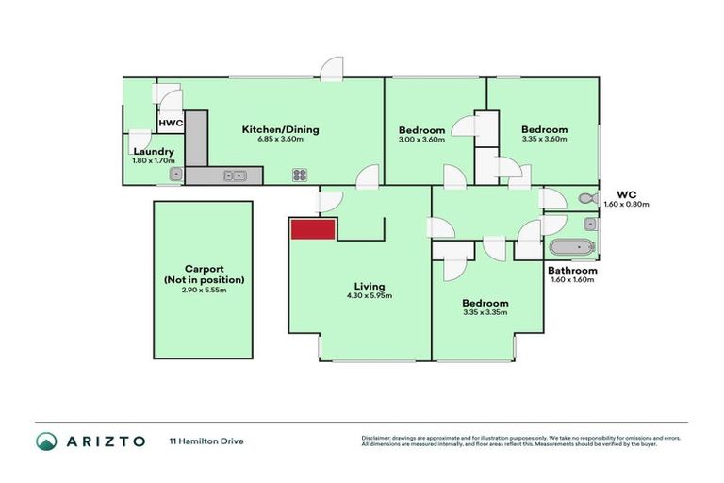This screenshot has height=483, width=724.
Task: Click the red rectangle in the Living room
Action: point(313,229)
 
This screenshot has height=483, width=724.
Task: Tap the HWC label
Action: point(171,124)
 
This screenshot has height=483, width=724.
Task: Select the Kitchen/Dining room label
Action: point(272,129)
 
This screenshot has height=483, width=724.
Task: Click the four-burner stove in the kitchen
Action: point(300,174)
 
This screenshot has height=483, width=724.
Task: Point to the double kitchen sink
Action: point(235,175)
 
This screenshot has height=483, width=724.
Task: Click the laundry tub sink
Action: point(175,175)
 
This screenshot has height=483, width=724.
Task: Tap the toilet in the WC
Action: point(585,198)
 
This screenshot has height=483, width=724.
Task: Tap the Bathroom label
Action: point(572,270)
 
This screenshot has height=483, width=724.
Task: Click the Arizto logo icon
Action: point(46,441)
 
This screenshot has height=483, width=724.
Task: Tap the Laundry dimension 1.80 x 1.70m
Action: point(154,161)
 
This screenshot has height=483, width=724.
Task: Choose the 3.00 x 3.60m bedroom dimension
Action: point(421,141)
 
